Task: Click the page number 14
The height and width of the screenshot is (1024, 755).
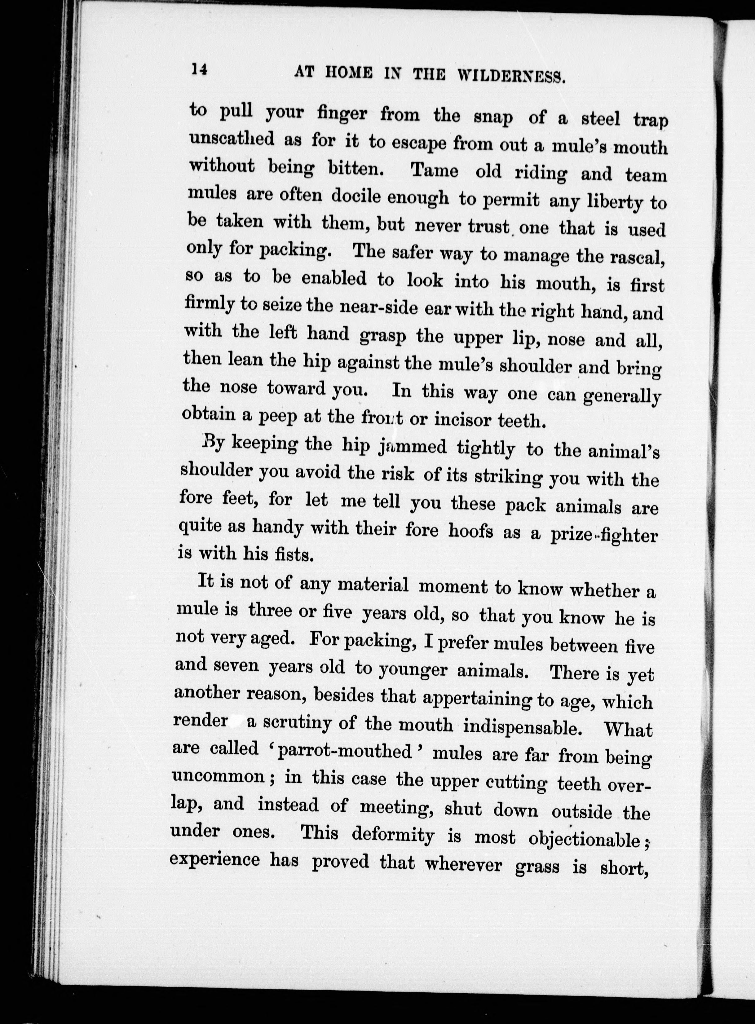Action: (199, 69)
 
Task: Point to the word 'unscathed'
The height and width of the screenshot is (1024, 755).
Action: (232, 139)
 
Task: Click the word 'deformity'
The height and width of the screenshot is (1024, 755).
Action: (393, 834)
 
